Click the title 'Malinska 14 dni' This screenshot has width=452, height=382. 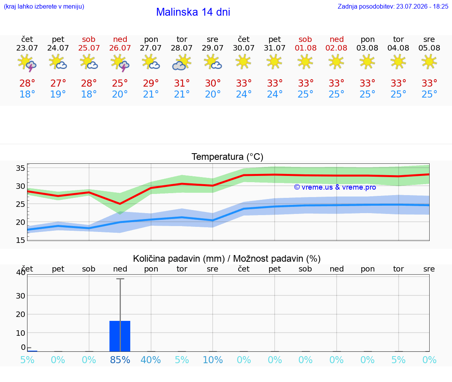coord(193,12)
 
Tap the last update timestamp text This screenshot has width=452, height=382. coord(393,6)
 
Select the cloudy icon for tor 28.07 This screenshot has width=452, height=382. coord(182,62)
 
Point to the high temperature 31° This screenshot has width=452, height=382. coord(182,83)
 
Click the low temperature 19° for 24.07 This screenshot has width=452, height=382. coord(58,94)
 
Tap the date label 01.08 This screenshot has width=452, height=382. coord(306,48)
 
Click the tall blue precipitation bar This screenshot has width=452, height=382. coord(120,336)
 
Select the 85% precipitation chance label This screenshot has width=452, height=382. coord(120,360)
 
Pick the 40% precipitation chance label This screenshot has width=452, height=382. coord(151,360)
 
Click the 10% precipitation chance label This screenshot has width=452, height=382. coord(213,360)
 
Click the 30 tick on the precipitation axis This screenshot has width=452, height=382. coord(20,296)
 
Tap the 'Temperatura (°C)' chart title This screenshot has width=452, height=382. coord(228,157)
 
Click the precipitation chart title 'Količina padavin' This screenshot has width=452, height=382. coord(179,259)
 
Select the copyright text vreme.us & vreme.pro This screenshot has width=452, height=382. coord(335,187)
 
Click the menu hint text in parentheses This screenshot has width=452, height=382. coord(44,6)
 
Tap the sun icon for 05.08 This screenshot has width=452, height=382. coord(429,62)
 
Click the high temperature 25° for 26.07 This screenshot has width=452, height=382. coord(120,83)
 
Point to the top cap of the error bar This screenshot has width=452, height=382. coord(120,279)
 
